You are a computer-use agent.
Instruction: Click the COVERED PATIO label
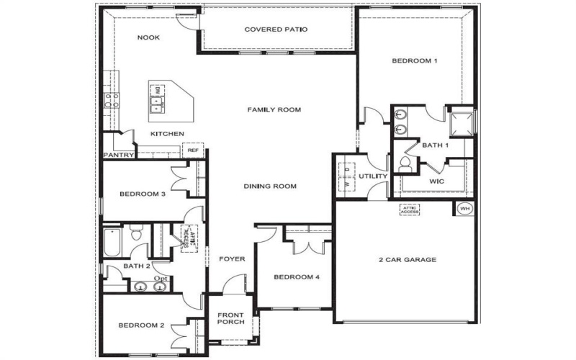click(x=276, y=30)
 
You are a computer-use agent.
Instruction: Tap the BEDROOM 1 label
click(x=414, y=61)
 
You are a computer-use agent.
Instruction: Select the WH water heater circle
click(x=464, y=209)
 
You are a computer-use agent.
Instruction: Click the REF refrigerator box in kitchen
click(x=193, y=150)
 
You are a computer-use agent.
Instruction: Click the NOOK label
click(x=148, y=37)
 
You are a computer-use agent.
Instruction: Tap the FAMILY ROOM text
click(x=274, y=109)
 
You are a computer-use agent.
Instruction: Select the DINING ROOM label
click(x=270, y=186)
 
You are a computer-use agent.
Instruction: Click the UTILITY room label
click(x=373, y=176)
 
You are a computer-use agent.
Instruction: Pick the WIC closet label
click(x=437, y=181)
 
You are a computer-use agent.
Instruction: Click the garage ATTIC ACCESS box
click(x=410, y=210)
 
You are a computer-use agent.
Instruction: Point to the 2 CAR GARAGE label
click(x=408, y=259)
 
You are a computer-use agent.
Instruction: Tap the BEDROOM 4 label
click(x=296, y=277)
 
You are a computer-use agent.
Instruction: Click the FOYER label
click(x=233, y=258)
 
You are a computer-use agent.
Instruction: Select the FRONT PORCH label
click(x=231, y=318)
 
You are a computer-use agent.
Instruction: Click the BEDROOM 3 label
click(x=143, y=194)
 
